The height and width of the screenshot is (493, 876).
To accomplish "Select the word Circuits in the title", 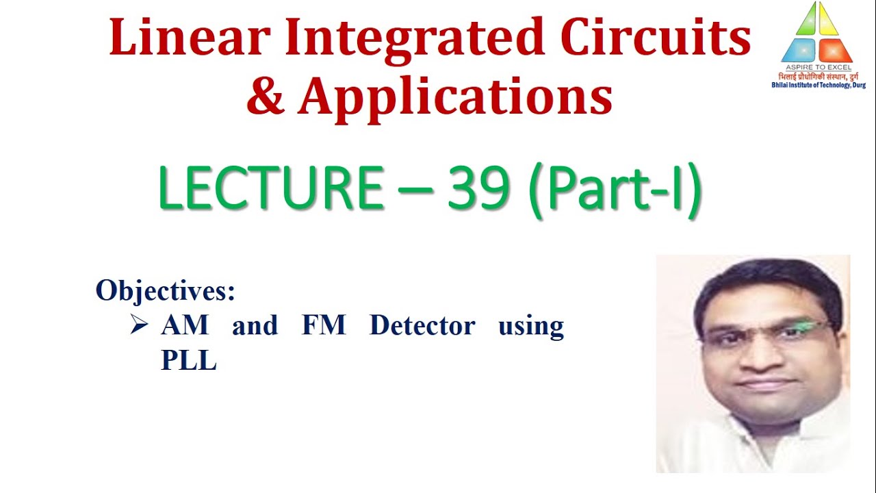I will pyautogui.click(x=656, y=39).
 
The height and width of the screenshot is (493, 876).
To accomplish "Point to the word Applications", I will pyautogui.click(x=454, y=97).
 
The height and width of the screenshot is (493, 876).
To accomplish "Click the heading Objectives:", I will pyautogui.click(x=166, y=290).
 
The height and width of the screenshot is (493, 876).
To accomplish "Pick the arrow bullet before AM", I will pyautogui.click(x=139, y=326).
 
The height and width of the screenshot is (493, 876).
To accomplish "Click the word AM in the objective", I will pyautogui.click(x=185, y=325).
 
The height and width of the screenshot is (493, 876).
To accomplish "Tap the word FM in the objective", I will pyautogui.click(x=324, y=325).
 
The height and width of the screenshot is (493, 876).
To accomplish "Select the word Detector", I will pyautogui.click(x=422, y=325).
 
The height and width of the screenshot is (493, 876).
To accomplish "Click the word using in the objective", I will pyautogui.click(x=531, y=327).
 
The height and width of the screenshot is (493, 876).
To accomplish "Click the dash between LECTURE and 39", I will pyautogui.click(x=415, y=190).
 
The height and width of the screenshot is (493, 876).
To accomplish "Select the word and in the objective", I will pyautogui.click(x=255, y=325).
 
